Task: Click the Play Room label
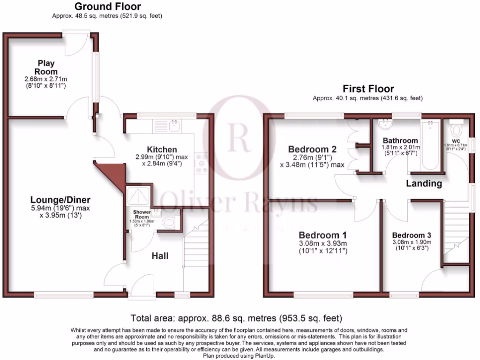coord(46,67)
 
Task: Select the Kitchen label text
coord(162,149)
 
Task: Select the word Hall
coord(160,256)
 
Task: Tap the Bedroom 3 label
coord(412,235)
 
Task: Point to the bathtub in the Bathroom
coord(430,145)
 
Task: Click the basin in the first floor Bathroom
coord(386,124)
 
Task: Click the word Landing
coord(424,183)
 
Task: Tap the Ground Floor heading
coord(107,7)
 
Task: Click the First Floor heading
coord(368,89)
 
